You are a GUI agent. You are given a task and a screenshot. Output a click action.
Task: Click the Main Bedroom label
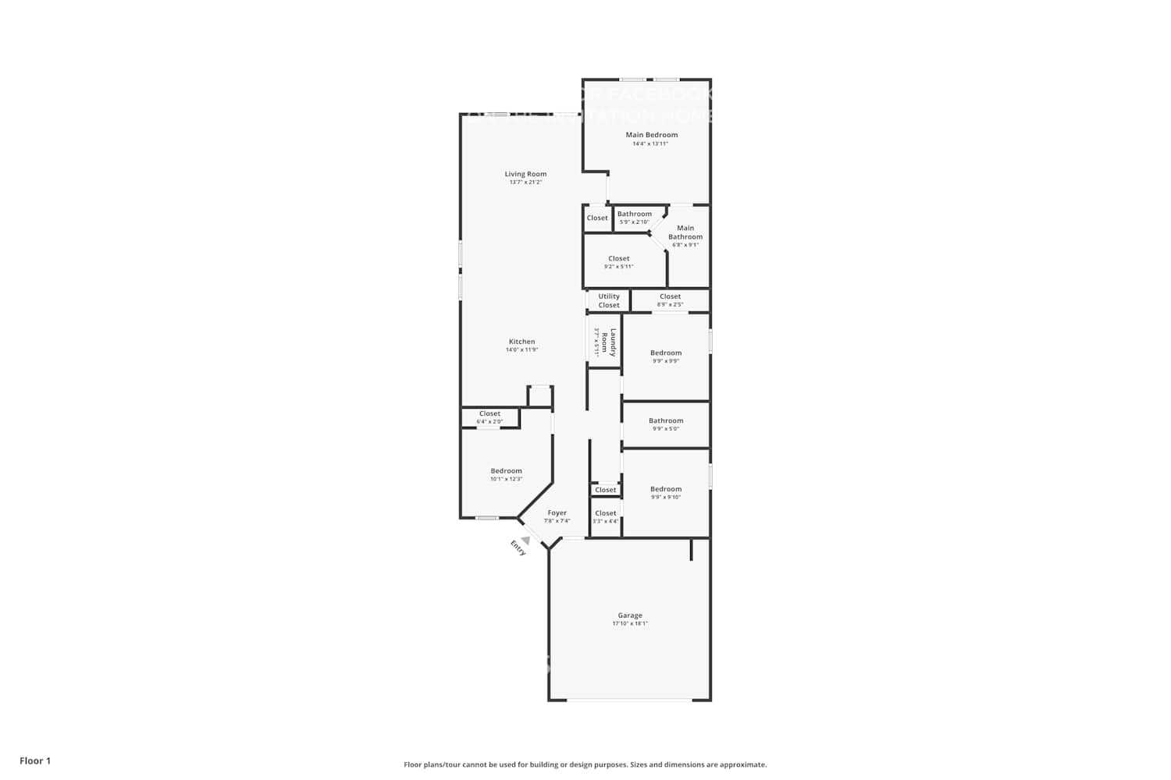pos(651,135)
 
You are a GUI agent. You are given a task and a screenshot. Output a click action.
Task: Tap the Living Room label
pos(525,174)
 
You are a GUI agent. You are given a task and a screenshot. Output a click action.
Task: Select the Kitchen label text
pos(521,342)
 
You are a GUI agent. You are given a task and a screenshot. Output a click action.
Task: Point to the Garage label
pos(630,615)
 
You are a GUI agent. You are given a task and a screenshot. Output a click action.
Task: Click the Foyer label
pos(557,513)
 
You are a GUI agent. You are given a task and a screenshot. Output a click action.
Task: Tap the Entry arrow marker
pos(526,540)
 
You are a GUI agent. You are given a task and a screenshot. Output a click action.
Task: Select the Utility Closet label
pos(609,300)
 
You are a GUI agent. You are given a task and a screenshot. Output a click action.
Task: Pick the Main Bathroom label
pos(685,232)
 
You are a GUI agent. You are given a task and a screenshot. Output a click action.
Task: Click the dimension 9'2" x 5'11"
pos(618,267)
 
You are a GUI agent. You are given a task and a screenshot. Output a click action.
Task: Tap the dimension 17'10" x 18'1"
pos(630,624)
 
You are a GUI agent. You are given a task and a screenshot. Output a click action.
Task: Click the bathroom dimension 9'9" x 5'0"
pos(666,429)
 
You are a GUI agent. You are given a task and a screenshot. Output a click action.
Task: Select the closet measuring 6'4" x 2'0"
pos(489,417)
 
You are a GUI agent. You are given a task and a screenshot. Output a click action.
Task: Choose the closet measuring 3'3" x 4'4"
pos(605,517)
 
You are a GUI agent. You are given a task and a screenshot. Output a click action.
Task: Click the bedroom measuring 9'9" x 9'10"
pos(666,493)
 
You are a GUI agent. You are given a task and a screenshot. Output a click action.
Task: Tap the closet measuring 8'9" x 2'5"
pos(670,300)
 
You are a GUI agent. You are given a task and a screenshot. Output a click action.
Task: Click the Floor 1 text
pos(35,760)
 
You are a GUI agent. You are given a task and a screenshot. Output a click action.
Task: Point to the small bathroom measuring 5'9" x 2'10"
pos(634,218)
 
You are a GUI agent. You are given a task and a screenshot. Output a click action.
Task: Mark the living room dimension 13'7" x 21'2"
pos(525,183)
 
